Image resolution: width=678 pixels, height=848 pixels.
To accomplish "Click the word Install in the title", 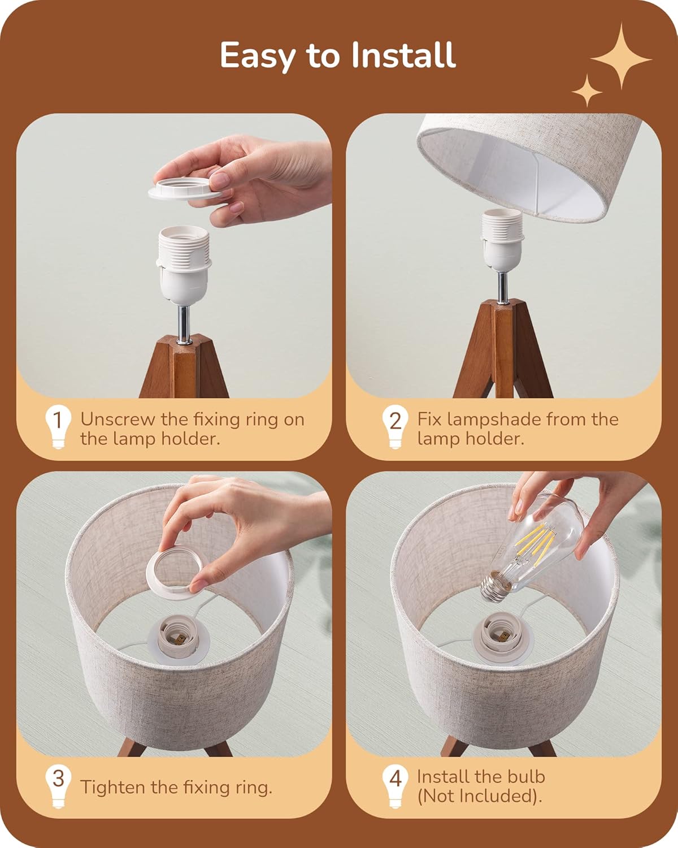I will click(x=403, y=55).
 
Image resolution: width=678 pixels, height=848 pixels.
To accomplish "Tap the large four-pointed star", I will click(x=621, y=57).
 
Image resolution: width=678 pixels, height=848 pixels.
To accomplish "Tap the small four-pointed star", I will click(x=587, y=90).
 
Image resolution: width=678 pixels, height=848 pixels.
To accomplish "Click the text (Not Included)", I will click(x=479, y=796).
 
